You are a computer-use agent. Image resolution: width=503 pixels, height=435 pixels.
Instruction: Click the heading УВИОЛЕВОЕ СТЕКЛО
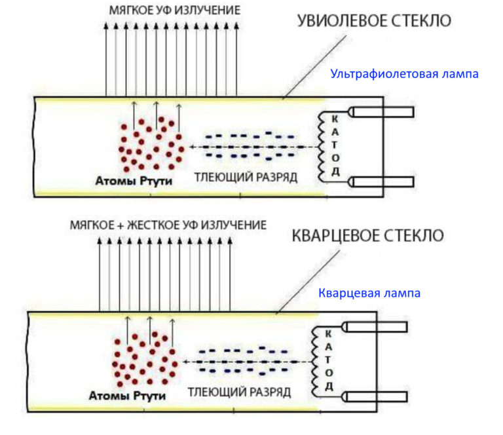click(x=374, y=21)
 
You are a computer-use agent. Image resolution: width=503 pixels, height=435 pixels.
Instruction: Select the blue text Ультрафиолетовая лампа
click(x=404, y=74)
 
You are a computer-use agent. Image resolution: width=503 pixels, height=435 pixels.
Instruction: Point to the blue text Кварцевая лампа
click(x=369, y=293)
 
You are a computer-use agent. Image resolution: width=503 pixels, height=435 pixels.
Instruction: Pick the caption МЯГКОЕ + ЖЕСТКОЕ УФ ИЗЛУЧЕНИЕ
click(x=168, y=225)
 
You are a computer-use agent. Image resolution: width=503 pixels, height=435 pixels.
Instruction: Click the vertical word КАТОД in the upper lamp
click(x=335, y=145)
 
